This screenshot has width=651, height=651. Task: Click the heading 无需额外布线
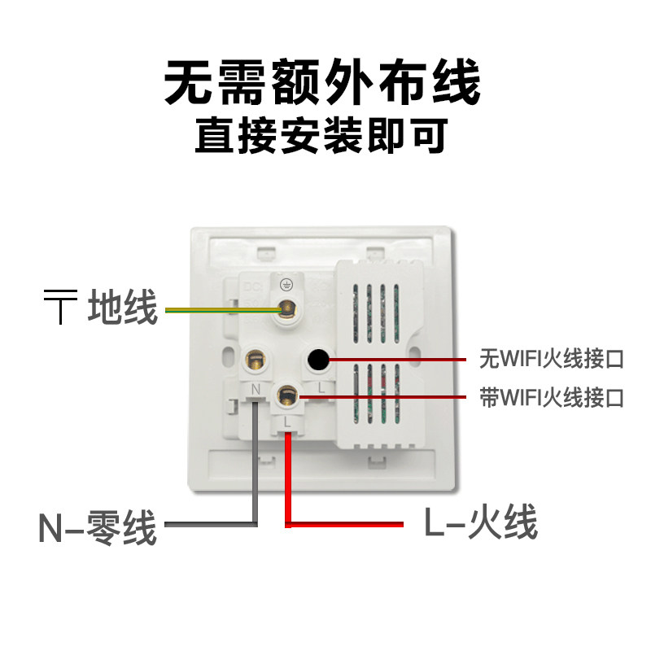tap(322, 82)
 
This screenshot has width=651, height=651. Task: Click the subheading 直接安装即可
tap(321, 135)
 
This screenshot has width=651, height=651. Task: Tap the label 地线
tap(123, 307)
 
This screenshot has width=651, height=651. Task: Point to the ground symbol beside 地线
tap(60, 307)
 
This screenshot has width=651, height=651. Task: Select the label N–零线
tap(98, 527)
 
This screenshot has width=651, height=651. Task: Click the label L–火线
tap(481, 522)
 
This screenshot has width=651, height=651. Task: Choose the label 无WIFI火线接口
tap(552, 359)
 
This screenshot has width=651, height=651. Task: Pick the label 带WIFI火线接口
tap(552, 397)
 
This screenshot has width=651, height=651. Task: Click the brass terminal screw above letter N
tap(255, 360)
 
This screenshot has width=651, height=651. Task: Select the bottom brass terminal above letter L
tap(287, 395)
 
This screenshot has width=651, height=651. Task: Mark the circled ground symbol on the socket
tap(286, 286)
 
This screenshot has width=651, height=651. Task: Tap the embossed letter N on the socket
tap(256, 390)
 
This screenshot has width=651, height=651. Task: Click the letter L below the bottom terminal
tap(287, 422)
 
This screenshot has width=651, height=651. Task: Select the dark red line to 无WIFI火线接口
tap(398, 360)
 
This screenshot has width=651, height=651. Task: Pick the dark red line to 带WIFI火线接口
tap(382, 397)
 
